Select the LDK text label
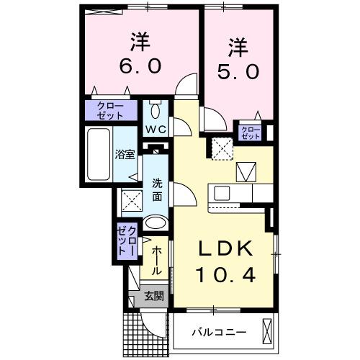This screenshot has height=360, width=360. [225, 249]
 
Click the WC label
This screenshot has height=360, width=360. [156, 130]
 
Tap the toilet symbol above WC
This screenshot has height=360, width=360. [156, 111]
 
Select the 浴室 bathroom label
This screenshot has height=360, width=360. [125, 153]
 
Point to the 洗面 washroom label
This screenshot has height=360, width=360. [156, 189]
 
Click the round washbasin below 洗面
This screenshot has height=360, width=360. [155, 225]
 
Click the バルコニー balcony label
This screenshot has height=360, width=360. [218, 332]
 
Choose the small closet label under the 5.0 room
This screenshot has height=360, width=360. [251, 132]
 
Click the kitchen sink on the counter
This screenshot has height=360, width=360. [220, 193]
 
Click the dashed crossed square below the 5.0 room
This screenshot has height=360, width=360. [220, 150]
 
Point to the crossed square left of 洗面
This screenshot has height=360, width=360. [131, 199]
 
